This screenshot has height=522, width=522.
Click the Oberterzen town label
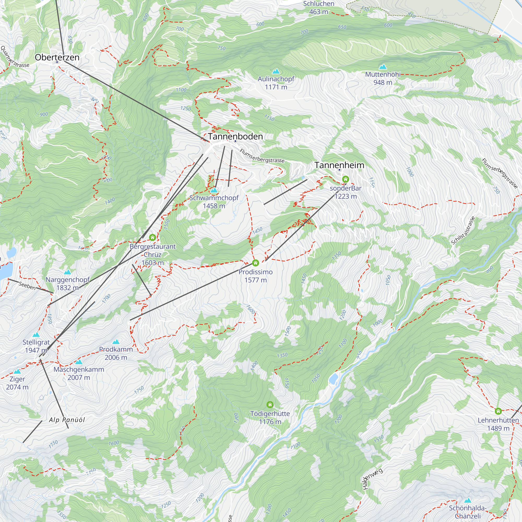click(x=57, y=57)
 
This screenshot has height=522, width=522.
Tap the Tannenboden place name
click(x=235, y=137)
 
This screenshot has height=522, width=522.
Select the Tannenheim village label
click(x=339, y=165)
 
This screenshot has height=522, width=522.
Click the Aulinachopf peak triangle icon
click(x=276, y=71)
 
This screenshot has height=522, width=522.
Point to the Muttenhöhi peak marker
click(x=383, y=67)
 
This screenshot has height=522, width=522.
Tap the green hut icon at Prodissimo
click(x=255, y=263)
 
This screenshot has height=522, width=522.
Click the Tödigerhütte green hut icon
click(x=270, y=405)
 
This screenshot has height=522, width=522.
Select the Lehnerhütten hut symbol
click(x=498, y=411)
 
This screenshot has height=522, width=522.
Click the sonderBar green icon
click(x=345, y=179)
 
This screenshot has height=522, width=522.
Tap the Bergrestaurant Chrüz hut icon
click(x=152, y=238)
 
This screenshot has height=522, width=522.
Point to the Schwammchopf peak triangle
click(x=214, y=190)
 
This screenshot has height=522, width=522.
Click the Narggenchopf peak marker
click(x=68, y=272)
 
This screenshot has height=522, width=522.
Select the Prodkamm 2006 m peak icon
click(x=116, y=342)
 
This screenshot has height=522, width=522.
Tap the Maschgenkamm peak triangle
click(x=79, y=362)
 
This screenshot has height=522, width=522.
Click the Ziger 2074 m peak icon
click(x=17, y=371)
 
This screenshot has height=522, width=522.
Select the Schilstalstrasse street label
click(x=463, y=230)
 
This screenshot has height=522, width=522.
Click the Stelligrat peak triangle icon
click(x=36, y=335)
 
